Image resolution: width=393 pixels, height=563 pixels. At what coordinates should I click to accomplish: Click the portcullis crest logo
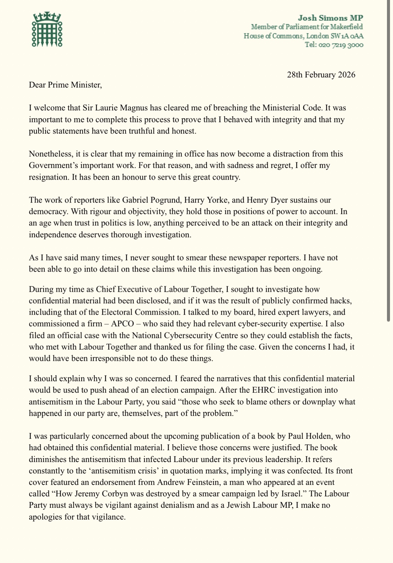[x=47, y=30]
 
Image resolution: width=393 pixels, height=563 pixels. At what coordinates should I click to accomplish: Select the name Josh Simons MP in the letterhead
[x=331, y=18]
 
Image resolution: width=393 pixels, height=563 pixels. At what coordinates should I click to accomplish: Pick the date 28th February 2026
[x=321, y=75]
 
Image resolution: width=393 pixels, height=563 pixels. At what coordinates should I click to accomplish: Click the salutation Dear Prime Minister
[x=65, y=85]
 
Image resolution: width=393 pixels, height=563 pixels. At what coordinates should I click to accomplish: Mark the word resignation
[x=48, y=177]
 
